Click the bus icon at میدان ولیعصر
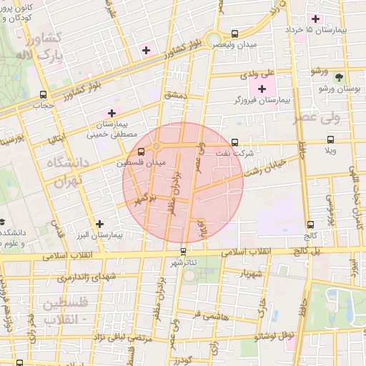click(x=235, y=33)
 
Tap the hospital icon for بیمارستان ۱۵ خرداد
click(x=315, y=18)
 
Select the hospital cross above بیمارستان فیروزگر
click(x=262, y=89)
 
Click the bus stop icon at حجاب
click(x=44, y=94)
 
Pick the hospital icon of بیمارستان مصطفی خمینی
click(x=111, y=112)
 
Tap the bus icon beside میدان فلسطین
click(x=140, y=152)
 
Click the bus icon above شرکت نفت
click(x=235, y=142)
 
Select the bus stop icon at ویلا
click(x=330, y=140)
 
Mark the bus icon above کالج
click(x=310, y=224)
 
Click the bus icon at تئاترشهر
click(x=184, y=251)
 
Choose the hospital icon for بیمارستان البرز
click(x=99, y=224)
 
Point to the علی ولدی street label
click(x=259, y=73)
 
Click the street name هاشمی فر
click(x=208, y=313)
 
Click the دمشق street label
click(x=174, y=95)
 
